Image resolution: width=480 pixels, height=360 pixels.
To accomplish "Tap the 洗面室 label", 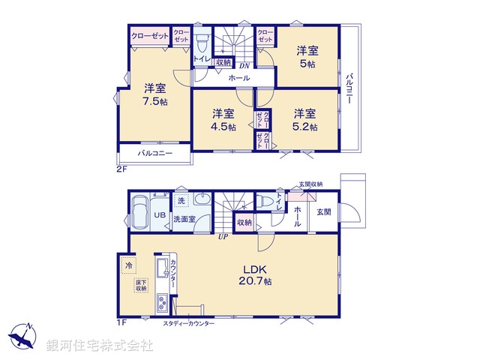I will (x=184, y=220).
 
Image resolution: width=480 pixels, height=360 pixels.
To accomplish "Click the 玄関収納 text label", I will (x=310, y=184).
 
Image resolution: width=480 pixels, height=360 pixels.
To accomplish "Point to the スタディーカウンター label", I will (x=189, y=322).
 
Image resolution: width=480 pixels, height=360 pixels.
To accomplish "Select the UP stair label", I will (x=223, y=238).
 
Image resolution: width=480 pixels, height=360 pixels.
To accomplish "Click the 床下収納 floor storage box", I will (x=140, y=285).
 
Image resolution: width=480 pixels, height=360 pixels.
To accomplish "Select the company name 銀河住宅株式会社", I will (x=99, y=346).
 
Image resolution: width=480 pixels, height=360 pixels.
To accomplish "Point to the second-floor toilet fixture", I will (x=201, y=42).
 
